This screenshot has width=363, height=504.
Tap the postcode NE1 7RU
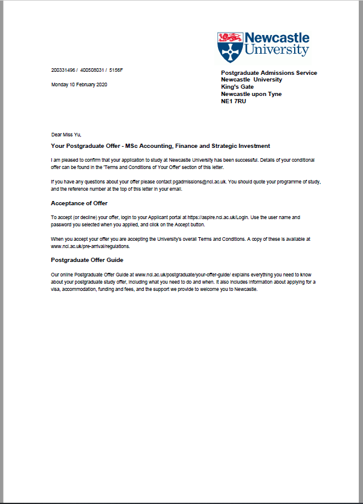pos(234,101)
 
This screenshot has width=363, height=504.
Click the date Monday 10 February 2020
pos(79,84)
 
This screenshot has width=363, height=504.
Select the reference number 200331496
pos(63,71)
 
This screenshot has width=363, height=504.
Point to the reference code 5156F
pos(115,71)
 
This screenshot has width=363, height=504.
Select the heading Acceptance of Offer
pos(79,203)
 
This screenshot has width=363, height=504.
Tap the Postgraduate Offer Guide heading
pos(87,260)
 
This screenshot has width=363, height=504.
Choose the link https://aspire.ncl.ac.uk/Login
pos(217,217)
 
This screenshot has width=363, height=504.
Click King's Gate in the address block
pos(237,87)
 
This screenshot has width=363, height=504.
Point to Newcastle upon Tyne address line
pos(251,94)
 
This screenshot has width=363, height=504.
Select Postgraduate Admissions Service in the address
pos(269,73)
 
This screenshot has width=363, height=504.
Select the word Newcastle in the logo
pos(278,37)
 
